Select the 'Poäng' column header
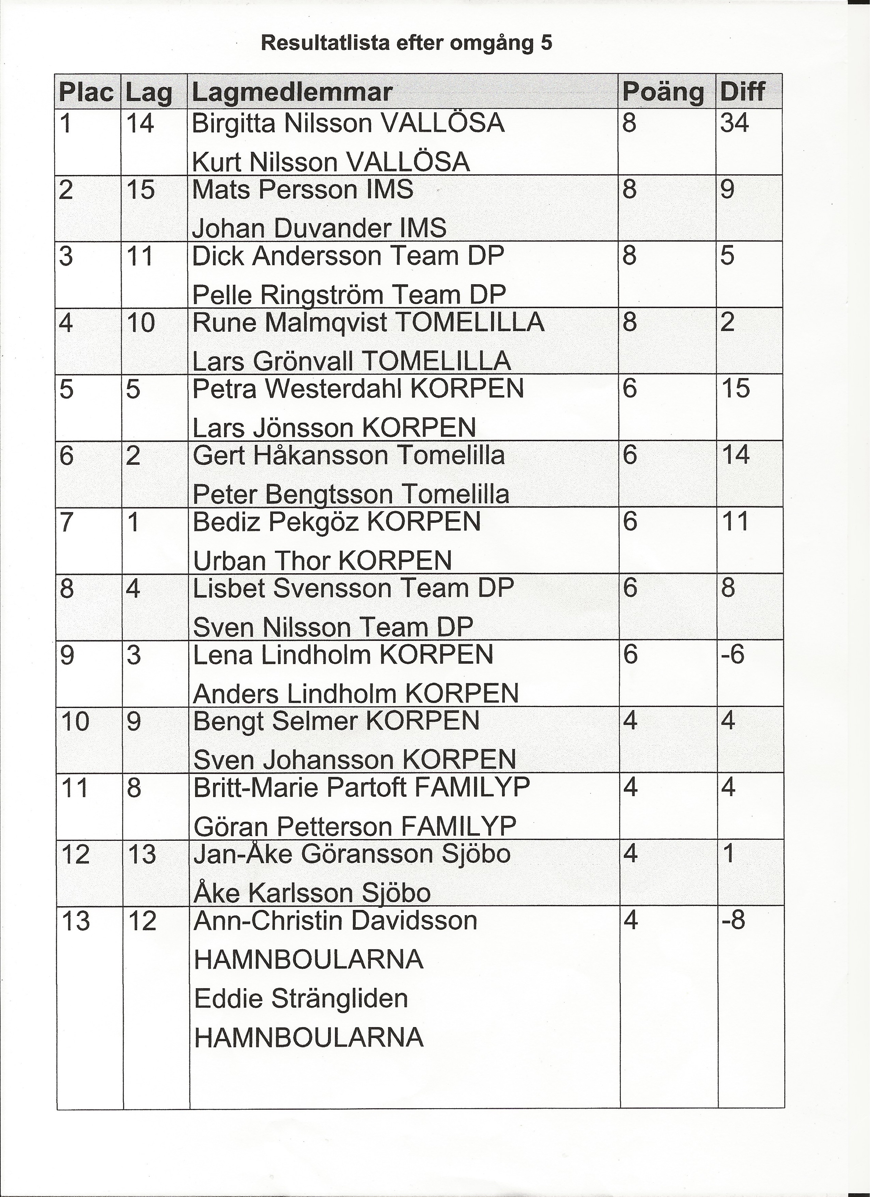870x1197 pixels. tap(663, 92)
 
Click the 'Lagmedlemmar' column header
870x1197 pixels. tap(292, 92)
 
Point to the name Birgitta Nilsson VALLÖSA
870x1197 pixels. tap(348, 124)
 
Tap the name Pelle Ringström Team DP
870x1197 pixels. tap(349, 295)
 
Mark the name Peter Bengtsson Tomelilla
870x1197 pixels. tap(351, 494)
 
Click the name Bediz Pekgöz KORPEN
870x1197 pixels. tap(337, 522)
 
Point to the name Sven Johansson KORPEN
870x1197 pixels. tap(355, 760)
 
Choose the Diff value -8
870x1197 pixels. tap(733, 921)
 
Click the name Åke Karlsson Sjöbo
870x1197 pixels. tap(312, 893)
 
